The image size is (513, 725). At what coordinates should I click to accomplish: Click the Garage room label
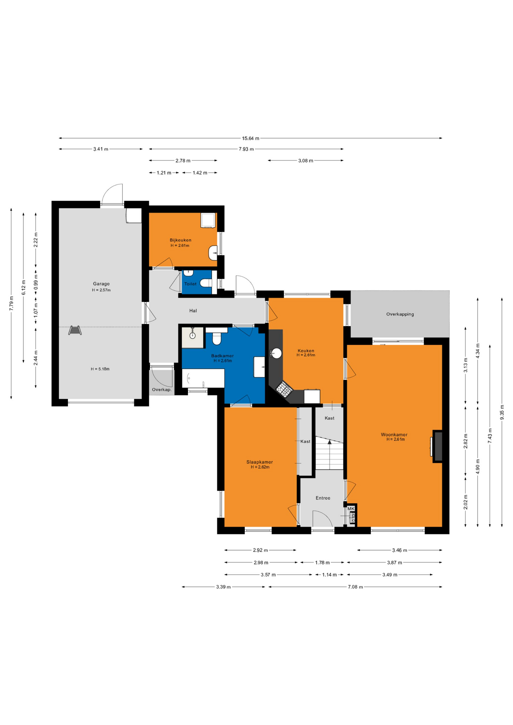point(101,284)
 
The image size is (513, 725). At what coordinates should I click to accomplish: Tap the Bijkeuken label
point(180,240)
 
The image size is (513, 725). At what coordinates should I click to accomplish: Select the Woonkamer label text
point(394,435)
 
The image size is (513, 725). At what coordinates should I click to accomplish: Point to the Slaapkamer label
point(260,462)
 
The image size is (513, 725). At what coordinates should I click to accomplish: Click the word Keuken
point(306,351)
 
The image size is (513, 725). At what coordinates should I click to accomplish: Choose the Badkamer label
point(223,356)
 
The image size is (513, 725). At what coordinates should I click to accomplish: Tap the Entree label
point(323,498)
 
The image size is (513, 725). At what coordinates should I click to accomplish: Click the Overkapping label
point(400,314)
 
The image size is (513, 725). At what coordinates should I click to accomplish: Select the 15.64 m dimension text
point(251,138)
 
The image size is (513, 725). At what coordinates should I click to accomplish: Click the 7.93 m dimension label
point(246,149)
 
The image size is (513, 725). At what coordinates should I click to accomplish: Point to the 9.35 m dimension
point(502,412)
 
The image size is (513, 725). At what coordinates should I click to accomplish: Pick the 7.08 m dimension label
point(355,587)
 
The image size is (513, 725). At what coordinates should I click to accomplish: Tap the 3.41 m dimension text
point(101,149)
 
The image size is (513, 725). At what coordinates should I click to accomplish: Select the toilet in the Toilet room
point(206,283)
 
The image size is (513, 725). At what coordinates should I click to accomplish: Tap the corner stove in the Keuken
point(284,389)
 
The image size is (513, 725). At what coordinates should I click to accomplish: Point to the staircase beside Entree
point(329,453)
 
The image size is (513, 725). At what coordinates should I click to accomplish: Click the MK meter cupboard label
point(351,509)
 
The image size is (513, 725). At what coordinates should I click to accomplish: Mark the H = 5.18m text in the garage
point(100,369)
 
